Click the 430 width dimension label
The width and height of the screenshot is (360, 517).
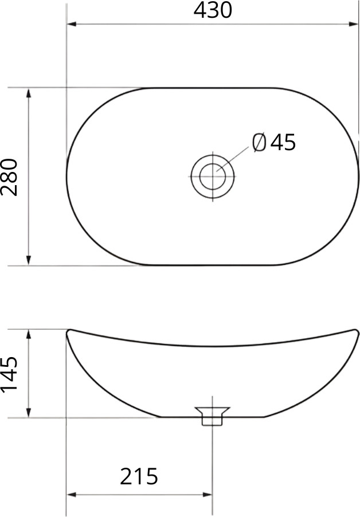click(213, 10)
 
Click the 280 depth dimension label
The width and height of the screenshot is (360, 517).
click(9, 177)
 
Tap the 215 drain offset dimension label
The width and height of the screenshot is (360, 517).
click(139, 476)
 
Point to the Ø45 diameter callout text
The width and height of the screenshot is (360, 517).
click(273, 143)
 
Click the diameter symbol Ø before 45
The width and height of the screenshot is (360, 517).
click(259, 143)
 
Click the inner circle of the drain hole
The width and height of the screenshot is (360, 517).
click(213, 177)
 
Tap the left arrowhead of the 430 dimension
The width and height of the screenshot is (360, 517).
click(72, 24)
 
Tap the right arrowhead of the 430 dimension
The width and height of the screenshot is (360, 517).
click(353, 24)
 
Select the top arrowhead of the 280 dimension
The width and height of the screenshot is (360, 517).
click(29, 93)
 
